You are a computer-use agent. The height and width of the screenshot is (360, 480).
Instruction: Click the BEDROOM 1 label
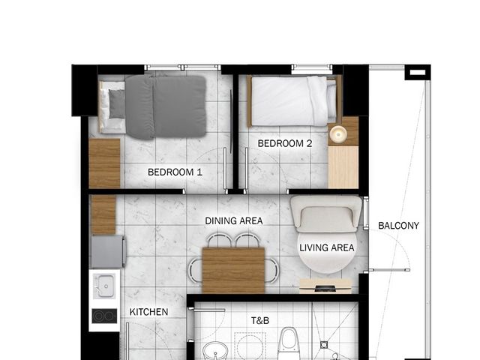pyautogui.click(x=175, y=172)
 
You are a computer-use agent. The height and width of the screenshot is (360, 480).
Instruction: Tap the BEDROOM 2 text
pyautogui.click(x=285, y=143)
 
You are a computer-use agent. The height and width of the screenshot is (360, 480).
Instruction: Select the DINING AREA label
pyautogui.click(x=234, y=220)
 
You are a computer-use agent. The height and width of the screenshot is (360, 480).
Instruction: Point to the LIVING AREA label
pyautogui.click(x=327, y=247)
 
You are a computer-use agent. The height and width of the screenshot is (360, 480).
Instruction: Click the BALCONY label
pyautogui.click(x=398, y=226)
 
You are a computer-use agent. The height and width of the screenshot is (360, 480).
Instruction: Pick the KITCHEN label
pyautogui.click(x=148, y=312)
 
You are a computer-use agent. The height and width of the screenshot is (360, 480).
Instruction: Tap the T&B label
pyautogui.click(x=260, y=320)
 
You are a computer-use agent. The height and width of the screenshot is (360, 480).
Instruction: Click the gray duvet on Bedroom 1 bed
pyautogui.click(x=166, y=106)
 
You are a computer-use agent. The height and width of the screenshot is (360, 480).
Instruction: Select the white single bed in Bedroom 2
pyautogui.click(x=294, y=101)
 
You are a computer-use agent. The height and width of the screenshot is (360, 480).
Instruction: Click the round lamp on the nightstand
pyautogui.click(x=338, y=133)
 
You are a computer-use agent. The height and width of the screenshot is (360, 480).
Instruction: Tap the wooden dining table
pyautogui.click(x=233, y=271)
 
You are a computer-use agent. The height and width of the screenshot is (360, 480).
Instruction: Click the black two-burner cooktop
pyautogui.click(x=104, y=316)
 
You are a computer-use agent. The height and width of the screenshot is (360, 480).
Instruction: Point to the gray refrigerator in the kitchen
pyautogui.click(x=108, y=252)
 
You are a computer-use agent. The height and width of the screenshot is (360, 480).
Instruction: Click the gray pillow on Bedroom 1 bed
pyautogui.click(x=117, y=103)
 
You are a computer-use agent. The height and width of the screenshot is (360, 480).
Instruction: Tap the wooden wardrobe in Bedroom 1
pyautogui.click(x=104, y=163)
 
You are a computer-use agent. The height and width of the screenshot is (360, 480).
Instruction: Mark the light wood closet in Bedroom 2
pyautogui.click(x=343, y=167)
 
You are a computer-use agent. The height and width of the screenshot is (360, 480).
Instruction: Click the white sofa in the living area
pyautogui.click(x=326, y=214)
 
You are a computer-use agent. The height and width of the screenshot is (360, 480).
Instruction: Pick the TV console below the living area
pyautogui.click(x=325, y=286)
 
